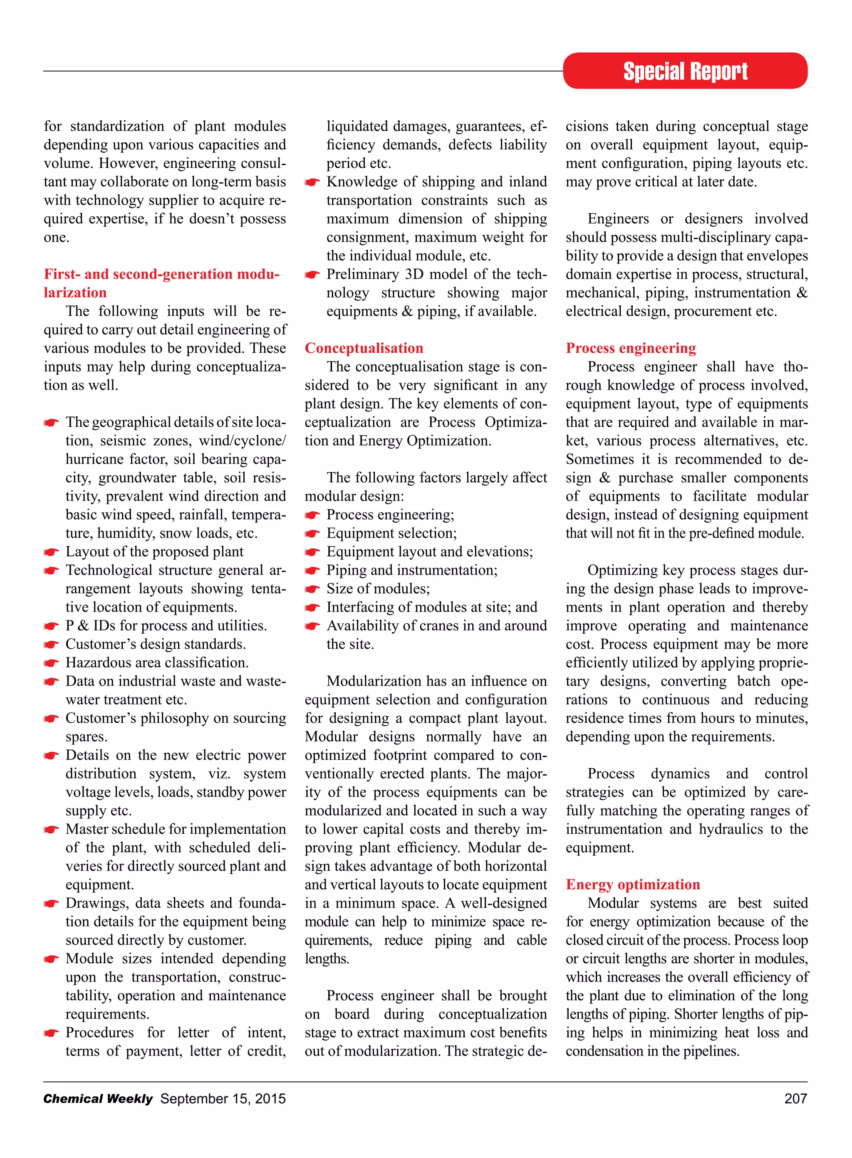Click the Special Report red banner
coord(684,71)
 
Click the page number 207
coord(795,1098)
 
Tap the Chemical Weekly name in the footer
coord(98,1098)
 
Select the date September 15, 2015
coord(223,1098)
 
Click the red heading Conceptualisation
coord(364,348)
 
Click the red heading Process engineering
coord(631,348)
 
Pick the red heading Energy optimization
coord(633,884)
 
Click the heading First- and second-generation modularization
coord(161,274)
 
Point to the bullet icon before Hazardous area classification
coord(51,663)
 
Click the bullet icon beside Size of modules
coord(312,590)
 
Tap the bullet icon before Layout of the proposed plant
coord(51,553)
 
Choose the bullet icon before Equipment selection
coord(312,534)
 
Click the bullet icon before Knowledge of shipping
coord(312,183)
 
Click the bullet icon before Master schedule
coord(51,830)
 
